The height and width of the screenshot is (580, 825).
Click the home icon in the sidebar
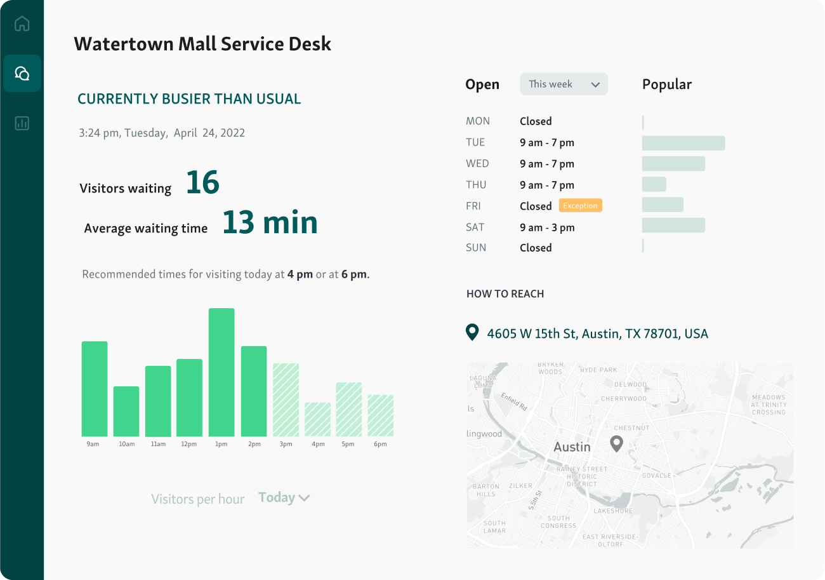(22, 24)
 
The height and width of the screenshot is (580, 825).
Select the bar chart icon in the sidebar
(22, 123)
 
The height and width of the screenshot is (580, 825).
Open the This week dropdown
(564, 84)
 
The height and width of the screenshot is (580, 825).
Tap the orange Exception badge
(580, 206)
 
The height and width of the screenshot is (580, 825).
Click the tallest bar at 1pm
(221, 372)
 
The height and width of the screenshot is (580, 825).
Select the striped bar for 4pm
(317, 419)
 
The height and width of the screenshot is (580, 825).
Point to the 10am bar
(126, 411)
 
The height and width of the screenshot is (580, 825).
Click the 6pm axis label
(380, 444)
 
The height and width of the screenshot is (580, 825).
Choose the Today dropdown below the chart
(284, 498)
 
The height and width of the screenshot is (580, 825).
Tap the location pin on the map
(616, 443)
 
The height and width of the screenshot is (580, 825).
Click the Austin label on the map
(572, 447)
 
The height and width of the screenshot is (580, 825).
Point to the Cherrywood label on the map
(623, 399)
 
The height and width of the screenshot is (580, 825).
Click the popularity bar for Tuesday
(683, 143)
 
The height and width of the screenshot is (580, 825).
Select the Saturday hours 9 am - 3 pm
(547, 227)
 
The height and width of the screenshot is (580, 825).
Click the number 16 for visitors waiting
(202, 183)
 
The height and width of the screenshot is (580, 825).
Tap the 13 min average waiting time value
(270, 222)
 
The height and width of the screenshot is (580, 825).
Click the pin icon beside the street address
(472, 332)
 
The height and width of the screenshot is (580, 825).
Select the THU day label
(476, 185)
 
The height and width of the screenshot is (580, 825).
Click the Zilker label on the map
(520, 486)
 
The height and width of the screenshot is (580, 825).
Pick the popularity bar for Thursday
(654, 184)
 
